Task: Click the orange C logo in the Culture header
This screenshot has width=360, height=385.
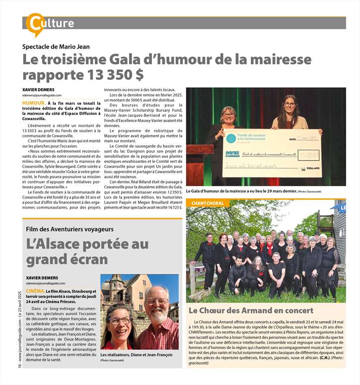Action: click(x=35, y=23)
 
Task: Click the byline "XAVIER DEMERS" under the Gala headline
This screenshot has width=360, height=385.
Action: click(x=39, y=89)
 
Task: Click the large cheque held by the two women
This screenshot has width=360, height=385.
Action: click(x=271, y=153)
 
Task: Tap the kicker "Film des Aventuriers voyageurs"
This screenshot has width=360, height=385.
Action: click(x=70, y=229)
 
